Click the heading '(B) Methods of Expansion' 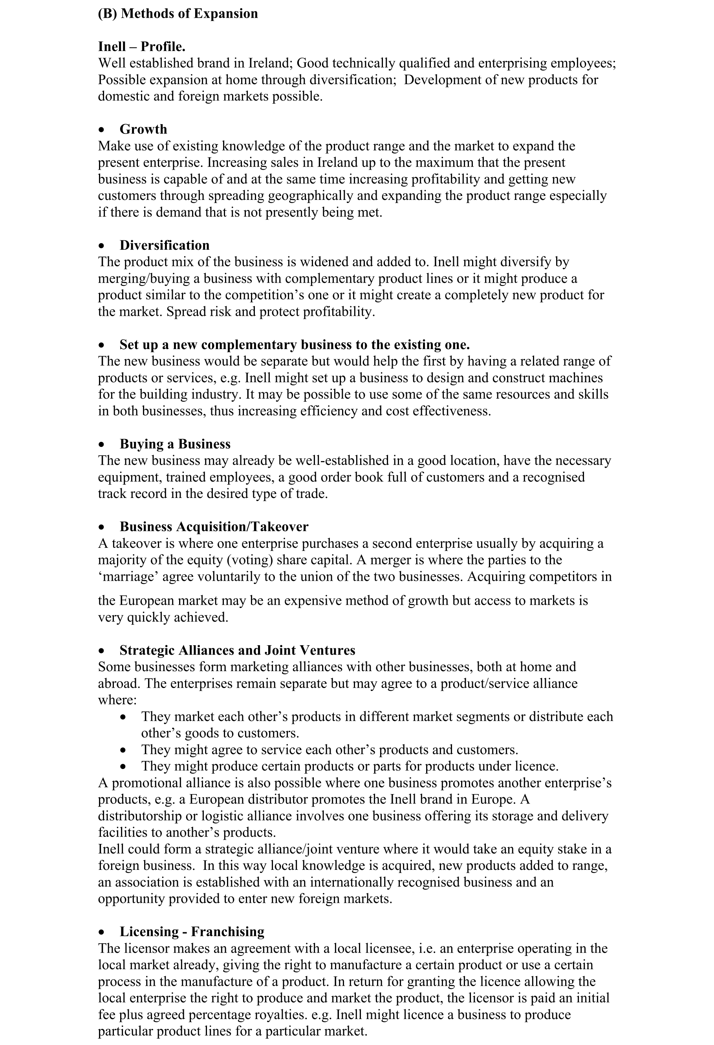coord(178,13)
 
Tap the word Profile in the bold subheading coord(162,47)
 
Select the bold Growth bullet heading coord(143,130)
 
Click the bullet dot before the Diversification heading coord(102,246)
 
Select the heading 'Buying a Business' coord(175,444)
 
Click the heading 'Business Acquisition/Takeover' coord(214,527)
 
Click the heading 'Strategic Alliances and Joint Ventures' coord(237,650)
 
